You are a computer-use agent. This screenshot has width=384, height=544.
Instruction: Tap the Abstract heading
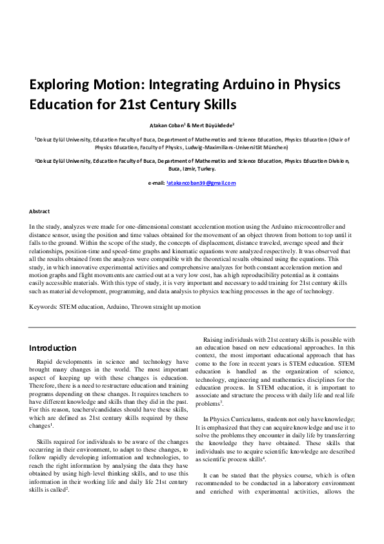40,211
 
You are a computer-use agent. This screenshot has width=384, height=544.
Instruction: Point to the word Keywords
43,307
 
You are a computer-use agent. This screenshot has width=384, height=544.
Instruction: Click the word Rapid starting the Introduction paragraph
48,361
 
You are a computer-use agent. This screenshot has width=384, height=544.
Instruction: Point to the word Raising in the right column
215,340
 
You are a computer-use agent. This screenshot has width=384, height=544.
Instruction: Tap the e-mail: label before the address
156,183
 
